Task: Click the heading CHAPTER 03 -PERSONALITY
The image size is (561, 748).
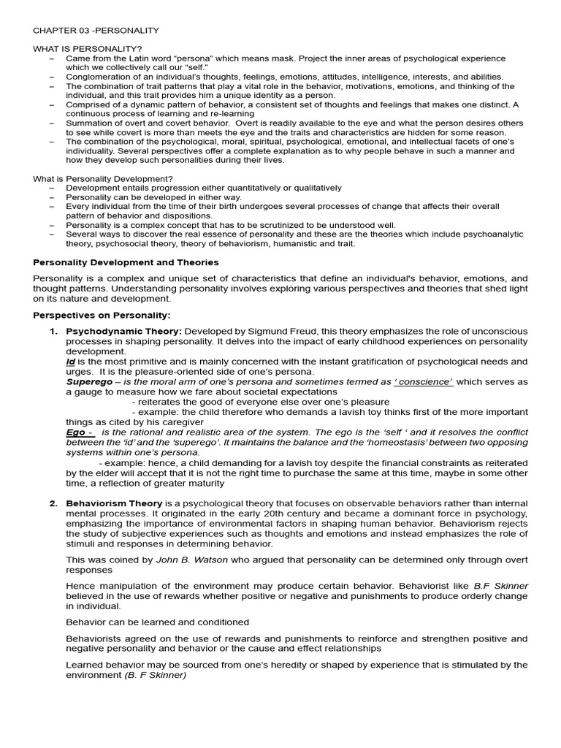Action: pos(96,30)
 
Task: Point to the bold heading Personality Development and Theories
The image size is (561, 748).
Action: pos(126,262)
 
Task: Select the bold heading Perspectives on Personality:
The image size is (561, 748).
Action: pos(102,315)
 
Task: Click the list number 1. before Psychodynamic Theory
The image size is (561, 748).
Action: pos(53,332)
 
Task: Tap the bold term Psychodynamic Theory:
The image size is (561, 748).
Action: pos(123,332)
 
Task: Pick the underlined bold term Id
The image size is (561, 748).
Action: pos(70,362)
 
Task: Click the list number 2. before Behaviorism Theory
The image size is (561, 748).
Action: pos(53,503)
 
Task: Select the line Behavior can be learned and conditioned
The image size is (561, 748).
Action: pos(157,622)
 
